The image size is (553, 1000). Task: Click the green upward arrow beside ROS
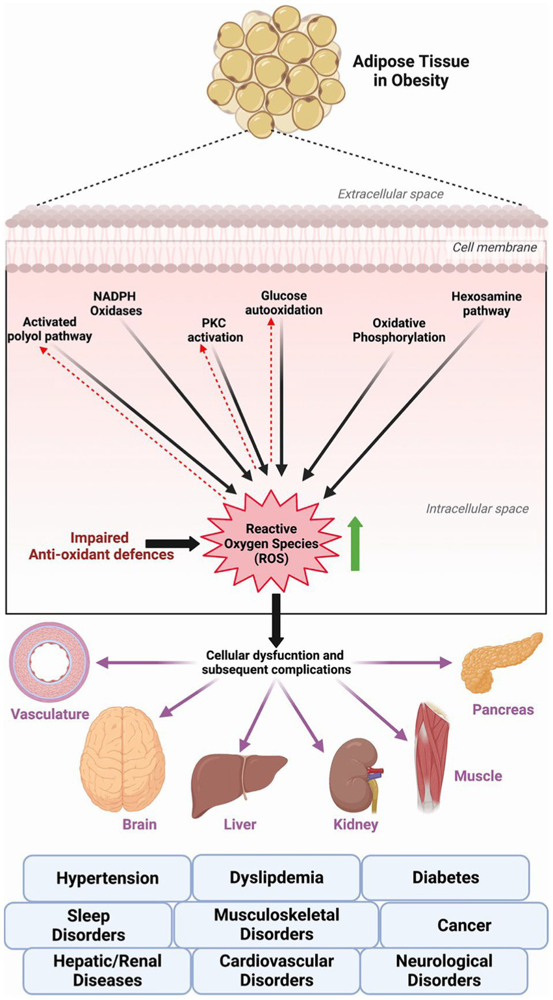tap(355, 544)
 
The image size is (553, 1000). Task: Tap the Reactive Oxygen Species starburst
tap(270, 542)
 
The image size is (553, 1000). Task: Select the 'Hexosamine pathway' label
tap(486, 304)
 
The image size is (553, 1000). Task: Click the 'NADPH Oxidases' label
tap(115, 304)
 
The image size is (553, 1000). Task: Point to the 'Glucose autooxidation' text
tap(283, 303)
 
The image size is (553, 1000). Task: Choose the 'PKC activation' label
tap(215, 330)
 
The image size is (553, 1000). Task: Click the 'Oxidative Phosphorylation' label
tap(399, 330)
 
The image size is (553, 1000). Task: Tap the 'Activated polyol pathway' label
tap(49, 329)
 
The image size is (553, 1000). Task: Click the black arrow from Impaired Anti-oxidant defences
tap(173, 544)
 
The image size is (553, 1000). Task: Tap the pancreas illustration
tap(501, 662)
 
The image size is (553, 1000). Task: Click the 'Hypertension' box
tap(107, 878)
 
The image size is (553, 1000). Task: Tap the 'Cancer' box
tap(464, 925)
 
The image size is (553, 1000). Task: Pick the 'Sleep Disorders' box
tap(88, 925)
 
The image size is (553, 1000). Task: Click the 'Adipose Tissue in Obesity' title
tap(411, 70)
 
